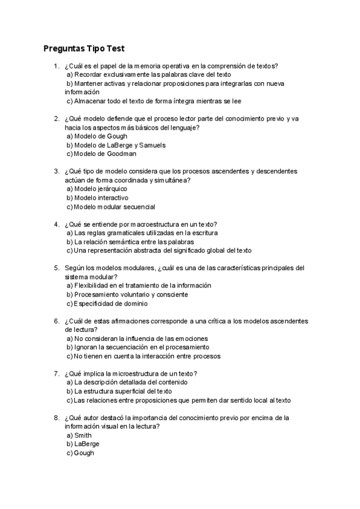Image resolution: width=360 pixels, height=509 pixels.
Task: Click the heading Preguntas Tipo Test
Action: click(84, 49)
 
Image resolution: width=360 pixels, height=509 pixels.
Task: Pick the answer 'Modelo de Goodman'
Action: click(100, 154)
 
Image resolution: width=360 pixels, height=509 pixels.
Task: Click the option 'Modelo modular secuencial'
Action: click(110, 207)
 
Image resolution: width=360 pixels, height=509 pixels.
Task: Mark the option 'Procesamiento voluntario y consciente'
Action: click(127, 295)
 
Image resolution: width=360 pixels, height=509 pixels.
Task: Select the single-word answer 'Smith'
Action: click(79, 435)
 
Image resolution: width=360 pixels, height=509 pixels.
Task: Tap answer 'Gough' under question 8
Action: click(80, 453)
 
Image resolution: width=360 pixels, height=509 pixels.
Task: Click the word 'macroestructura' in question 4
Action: click(154, 224)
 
